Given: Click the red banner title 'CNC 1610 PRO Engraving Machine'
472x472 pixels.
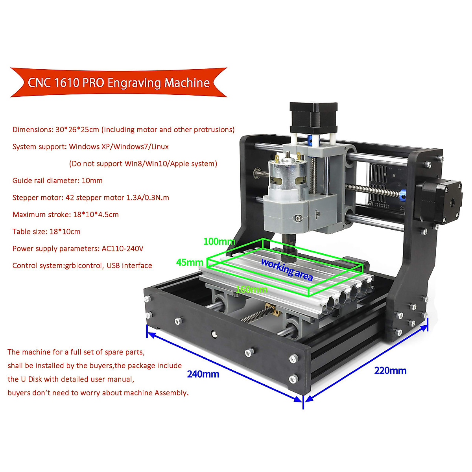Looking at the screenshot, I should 118,83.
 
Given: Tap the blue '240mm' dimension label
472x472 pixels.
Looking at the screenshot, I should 203,374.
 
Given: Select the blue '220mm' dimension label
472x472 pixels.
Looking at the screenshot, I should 390,371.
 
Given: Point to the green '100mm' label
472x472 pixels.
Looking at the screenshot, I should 219,242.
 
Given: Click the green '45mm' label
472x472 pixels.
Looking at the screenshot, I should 190,262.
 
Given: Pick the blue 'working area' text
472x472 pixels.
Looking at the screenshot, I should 287,269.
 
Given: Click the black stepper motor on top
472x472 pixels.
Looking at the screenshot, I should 313,117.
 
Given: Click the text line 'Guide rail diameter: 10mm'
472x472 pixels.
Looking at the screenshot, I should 57,181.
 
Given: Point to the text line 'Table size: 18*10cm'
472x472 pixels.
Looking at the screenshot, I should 46,232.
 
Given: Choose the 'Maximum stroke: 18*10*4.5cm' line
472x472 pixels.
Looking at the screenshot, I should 65,215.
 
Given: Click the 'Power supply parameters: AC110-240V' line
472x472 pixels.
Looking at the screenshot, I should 78,249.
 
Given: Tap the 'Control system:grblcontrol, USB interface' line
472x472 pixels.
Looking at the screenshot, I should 82,265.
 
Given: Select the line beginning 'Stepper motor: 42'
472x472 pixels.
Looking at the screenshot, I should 90,197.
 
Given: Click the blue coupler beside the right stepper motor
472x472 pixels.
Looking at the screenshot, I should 402,195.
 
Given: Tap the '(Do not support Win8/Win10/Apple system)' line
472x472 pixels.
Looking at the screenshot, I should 143,164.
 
